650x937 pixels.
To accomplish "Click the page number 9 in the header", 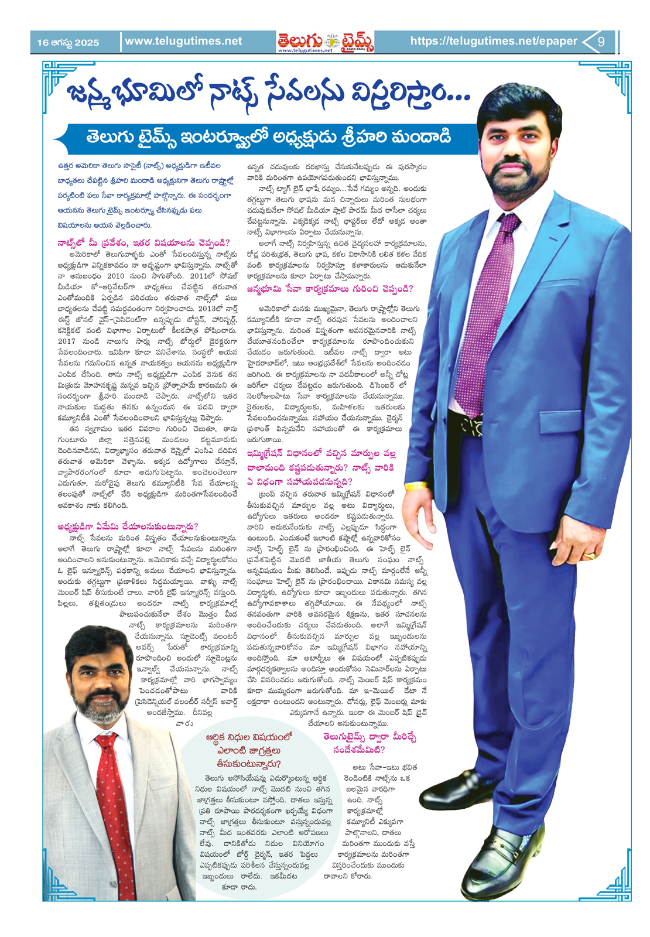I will click(601, 42).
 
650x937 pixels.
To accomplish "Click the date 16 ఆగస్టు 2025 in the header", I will click(68, 42).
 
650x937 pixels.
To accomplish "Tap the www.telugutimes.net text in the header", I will click(183, 41).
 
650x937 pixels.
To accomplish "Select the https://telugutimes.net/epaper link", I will click(493, 41).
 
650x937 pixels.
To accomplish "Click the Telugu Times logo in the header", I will click(326, 42).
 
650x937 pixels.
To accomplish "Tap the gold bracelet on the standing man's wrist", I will click(416, 485).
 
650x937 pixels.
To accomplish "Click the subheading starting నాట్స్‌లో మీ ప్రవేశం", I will click(143, 242).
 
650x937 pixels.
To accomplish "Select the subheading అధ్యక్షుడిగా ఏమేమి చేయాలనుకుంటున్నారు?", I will click(128, 526).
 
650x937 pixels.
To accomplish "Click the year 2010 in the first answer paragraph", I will click(115, 276).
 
